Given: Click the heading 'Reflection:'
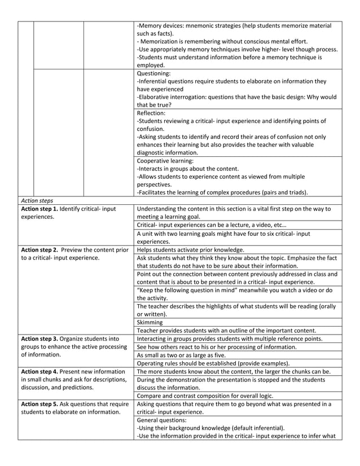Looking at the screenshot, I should (x=151, y=113).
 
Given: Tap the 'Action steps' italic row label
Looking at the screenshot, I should (x=36, y=200).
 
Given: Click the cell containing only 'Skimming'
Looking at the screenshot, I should (x=150, y=322).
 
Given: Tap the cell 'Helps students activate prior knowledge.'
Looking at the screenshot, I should (x=190, y=249).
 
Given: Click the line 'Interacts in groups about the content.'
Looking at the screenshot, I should (x=188, y=168).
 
